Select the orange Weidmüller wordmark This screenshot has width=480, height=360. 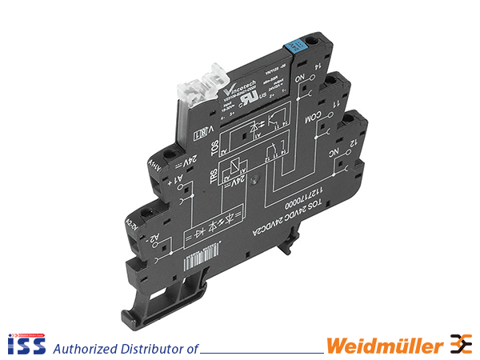coord(384,346)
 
